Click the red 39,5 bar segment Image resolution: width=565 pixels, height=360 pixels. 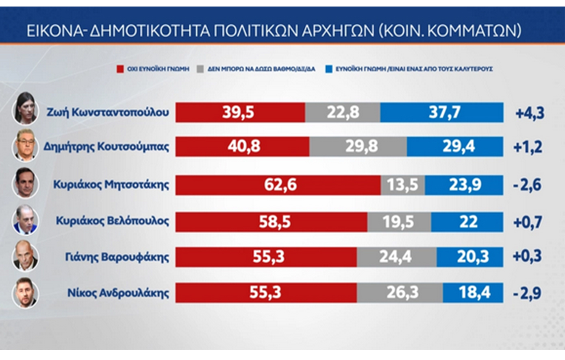tap(240, 113)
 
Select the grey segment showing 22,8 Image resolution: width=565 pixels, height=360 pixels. tap(343, 113)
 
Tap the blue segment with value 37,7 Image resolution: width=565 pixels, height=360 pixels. tap(442, 113)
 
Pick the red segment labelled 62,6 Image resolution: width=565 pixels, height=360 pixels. tap(278, 185)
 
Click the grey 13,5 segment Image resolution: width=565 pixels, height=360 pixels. tap(402, 185)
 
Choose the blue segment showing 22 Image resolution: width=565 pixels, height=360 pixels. tap(467, 222)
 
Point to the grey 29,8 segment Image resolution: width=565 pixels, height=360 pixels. tap(358, 146)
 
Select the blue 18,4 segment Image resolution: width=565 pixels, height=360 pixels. tap(473, 293)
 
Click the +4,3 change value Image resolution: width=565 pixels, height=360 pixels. tap(529, 113)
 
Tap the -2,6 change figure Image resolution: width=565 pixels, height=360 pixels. tap(528, 185)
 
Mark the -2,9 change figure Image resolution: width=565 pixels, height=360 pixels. tap(528, 293)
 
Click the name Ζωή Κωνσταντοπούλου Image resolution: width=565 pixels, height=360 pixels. tap(108, 112)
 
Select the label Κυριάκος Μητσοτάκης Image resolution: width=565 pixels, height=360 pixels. tap(111, 185)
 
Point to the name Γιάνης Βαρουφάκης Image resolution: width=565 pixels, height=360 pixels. tap(117, 257)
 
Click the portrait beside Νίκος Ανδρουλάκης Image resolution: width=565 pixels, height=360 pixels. tap(25, 293)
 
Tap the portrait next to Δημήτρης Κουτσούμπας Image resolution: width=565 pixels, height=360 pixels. tap(25, 146)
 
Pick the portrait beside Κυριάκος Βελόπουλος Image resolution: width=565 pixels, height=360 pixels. tap(25, 221)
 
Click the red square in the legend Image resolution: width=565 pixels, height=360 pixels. tap(120, 69)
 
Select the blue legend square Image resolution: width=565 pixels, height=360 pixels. tap(328, 69)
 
